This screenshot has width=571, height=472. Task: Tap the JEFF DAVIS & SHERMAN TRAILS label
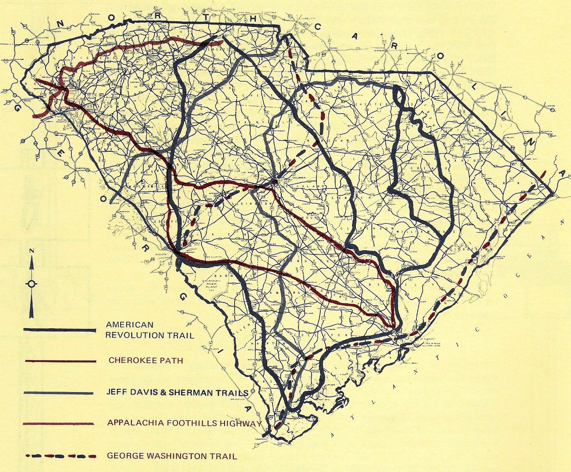177,393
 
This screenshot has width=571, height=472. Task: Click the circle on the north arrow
31,284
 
